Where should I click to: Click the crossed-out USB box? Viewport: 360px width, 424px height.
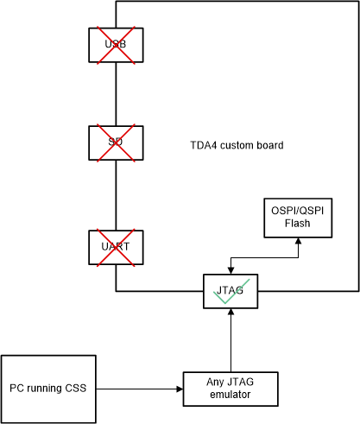tap(116, 45)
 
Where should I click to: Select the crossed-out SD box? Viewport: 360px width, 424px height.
tap(116, 143)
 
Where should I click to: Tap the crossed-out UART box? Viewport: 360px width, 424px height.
tap(116, 247)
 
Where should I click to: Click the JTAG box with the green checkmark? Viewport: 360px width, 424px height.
tap(230, 291)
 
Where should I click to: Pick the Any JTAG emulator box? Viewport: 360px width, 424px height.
tap(231, 389)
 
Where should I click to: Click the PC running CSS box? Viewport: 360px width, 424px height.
tap(48, 389)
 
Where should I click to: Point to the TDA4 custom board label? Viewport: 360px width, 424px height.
tap(237, 145)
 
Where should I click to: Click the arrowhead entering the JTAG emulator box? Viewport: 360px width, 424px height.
tap(180, 389)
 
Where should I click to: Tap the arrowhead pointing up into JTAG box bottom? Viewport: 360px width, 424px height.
tap(231, 313)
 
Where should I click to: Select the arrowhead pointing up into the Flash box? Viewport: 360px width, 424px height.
tap(298, 241)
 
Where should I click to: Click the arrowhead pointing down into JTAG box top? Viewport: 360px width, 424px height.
tap(230, 269)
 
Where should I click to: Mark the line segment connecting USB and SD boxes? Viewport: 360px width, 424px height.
tap(116, 94)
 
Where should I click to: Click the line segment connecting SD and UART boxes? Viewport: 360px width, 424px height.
tap(116, 195)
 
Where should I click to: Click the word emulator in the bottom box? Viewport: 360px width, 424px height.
tap(230, 396)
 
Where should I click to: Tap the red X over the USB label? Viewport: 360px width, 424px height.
tap(116, 45)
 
